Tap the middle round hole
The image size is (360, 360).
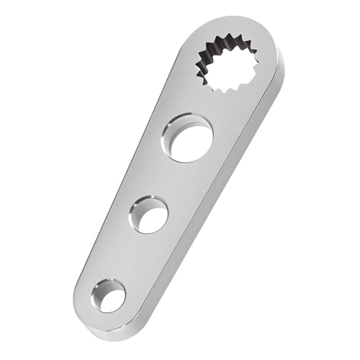click(x=149, y=214)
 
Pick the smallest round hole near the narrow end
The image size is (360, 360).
click(x=108, y=294)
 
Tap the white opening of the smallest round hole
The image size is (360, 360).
click(x=112, y=297)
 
